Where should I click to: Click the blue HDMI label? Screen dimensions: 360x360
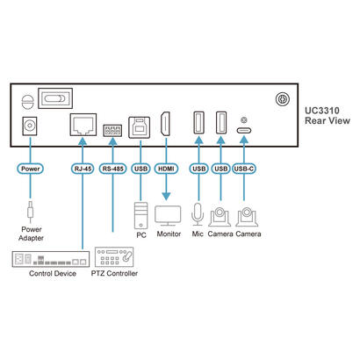pos(166,167)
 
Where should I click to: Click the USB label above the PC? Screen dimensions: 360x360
pos(140,167)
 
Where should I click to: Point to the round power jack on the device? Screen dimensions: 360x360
pos(32,127)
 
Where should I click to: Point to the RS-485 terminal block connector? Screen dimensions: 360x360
pos(112,128)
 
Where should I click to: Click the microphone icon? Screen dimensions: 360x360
pos(198,213)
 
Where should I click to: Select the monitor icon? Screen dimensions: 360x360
pos(167,213)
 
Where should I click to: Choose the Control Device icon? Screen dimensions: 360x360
pos(49,260)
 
